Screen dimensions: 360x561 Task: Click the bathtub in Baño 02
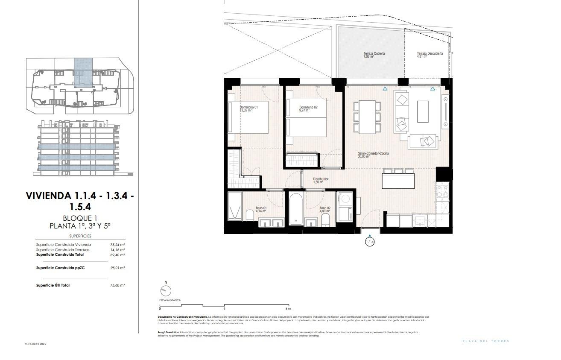295,209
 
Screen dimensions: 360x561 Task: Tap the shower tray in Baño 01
235,205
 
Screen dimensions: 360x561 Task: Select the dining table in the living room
367,117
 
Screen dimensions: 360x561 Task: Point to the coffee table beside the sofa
423,111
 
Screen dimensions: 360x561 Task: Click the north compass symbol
165,290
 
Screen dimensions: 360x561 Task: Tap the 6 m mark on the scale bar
288,308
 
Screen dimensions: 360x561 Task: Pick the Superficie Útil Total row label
53,285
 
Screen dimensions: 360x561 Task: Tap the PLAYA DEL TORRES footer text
486,341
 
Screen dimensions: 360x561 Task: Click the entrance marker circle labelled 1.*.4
370,242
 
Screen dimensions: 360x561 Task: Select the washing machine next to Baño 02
345,201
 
